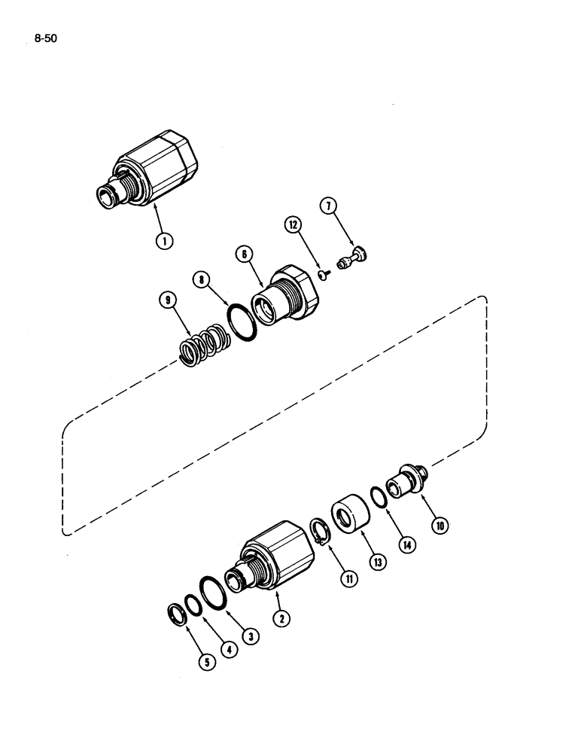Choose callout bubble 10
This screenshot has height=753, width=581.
point(438,523)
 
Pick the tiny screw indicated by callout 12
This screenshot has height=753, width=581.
point(321,274)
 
